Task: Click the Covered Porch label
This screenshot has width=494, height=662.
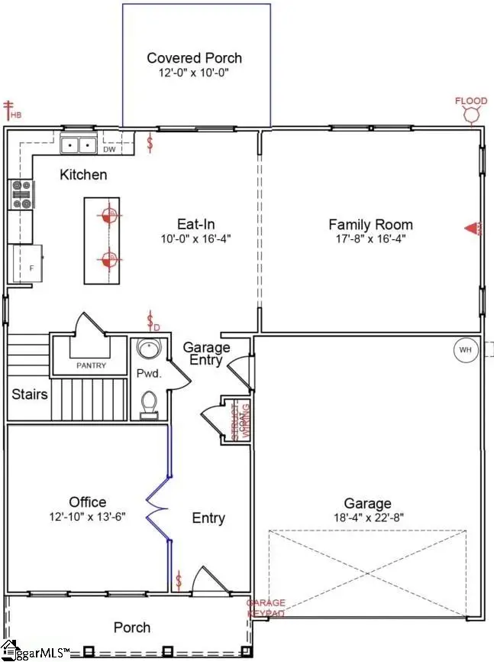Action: (194, 58)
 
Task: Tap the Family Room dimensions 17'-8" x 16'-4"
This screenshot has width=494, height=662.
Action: (370, 239)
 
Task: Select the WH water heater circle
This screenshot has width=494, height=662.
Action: (465, 350)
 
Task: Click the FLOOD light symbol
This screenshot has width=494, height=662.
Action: (472, 113)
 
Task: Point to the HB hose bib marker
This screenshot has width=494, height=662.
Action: (11, 110)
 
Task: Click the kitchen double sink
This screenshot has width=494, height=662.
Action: (79, 143)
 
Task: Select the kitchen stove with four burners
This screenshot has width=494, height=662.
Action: (20, 194)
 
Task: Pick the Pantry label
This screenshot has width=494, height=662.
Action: (91, 366)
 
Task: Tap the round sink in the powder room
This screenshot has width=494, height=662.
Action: (147, 350)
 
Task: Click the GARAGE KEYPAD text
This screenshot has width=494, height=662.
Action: (265, 608)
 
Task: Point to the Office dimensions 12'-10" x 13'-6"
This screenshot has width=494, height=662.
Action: (87, 516)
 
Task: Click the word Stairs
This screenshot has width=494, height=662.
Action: (30, 395)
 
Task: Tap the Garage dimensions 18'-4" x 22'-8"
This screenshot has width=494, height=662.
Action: (367, 518)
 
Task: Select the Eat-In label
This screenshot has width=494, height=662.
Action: (192, 224)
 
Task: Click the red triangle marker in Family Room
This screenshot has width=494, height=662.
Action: (473, 228)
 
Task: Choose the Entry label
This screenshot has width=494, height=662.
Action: (208, 518)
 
